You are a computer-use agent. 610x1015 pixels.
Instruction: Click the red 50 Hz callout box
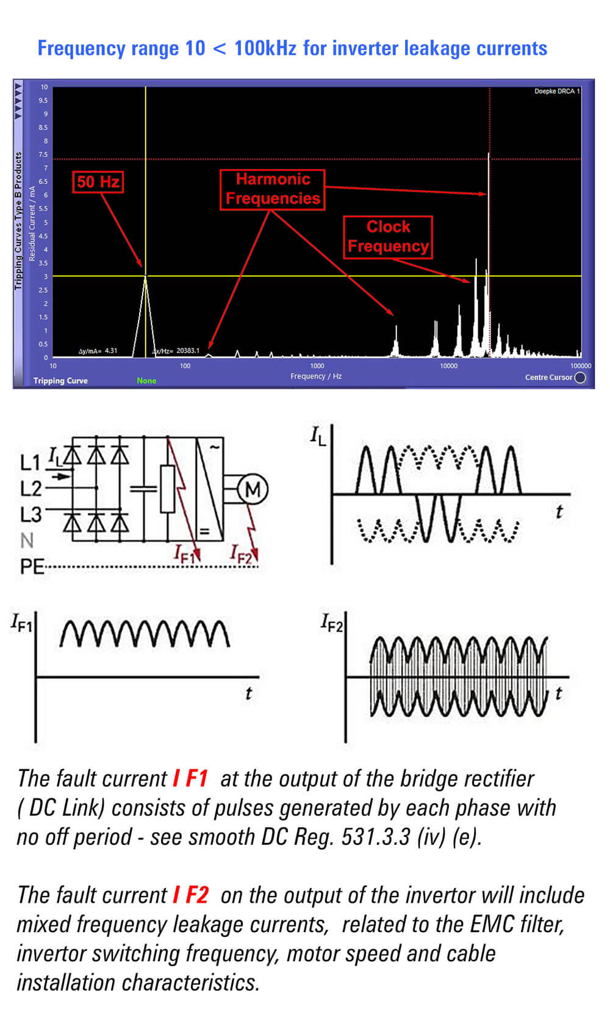point(98,182)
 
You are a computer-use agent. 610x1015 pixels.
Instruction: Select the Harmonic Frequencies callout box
point(272,189)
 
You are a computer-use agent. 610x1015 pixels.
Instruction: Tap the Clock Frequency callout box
point(388,237)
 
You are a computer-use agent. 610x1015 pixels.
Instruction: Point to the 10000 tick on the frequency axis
point(449,366)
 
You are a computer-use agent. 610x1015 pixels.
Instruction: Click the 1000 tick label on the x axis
point(317,366)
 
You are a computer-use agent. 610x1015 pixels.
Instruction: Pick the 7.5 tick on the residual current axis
point(43,155)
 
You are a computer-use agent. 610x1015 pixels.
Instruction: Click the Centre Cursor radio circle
point(581,378)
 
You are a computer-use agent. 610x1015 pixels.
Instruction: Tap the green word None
point(146,381)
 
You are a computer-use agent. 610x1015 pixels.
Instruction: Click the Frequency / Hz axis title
point(316,376)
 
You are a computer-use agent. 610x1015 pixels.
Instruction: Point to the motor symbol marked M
point(253,490)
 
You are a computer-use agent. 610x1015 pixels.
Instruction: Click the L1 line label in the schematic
point(30,463)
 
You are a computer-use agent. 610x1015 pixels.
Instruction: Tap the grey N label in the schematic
point(27,540)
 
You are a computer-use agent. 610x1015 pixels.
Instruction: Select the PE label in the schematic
point(32,567)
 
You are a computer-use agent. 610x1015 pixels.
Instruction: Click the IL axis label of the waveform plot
point(318,436)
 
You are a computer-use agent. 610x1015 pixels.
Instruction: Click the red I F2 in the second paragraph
point(190,895)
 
